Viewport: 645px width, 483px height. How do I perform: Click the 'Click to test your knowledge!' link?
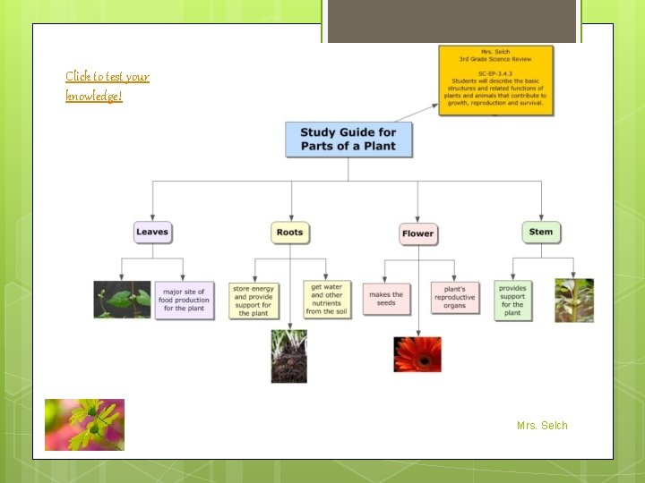[107, 87]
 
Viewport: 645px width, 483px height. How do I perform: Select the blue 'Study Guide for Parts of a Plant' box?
[348, 140]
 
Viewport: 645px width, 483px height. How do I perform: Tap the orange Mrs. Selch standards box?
[495, 80]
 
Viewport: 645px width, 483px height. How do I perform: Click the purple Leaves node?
[152, 233]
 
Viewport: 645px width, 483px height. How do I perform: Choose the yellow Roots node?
[289, 233]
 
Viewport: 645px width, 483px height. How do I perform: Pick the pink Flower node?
[417, 234]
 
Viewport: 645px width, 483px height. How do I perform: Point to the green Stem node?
[540, 233]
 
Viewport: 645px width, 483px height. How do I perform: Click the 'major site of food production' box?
[184, 301]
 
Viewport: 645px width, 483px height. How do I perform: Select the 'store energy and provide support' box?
[254, 301]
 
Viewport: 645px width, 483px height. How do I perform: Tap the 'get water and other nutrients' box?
[326, 300]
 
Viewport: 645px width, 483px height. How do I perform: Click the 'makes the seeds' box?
[386, 300]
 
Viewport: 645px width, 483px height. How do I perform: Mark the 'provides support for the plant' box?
[512, 301]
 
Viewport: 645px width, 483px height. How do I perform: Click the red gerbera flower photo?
[417, 354]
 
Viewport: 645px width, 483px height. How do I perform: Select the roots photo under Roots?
[289, 356]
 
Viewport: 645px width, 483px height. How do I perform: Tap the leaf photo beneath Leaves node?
[122, 300]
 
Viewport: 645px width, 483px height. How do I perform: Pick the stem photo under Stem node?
[573, 301]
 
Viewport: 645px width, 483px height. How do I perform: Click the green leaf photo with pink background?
[84, 424]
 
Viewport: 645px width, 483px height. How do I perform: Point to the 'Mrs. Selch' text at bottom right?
[542, 426]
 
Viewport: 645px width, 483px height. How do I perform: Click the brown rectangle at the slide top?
[451, 21]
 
